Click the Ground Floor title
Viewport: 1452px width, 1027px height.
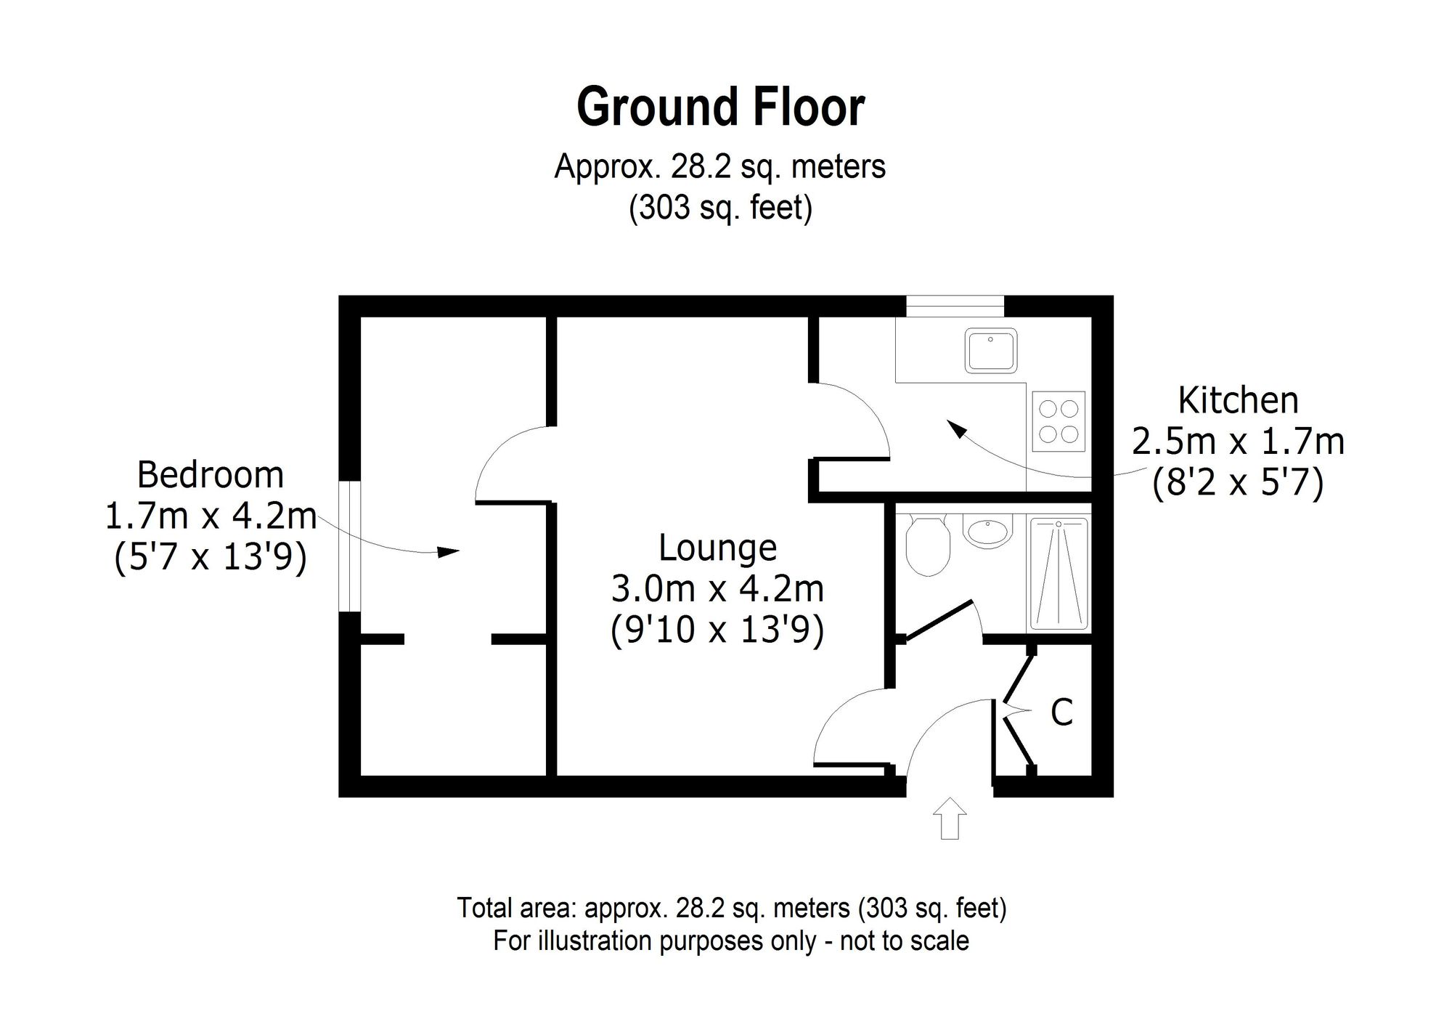point(720,107)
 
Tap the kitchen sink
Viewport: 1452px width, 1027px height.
point(991,350)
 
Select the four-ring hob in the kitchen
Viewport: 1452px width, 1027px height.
point(1059,421)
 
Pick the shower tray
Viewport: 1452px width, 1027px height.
point(1059,573)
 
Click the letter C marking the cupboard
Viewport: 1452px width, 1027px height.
point(1061,713)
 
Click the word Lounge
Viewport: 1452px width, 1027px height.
point(717,548)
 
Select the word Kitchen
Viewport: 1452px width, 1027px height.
point(1238,401)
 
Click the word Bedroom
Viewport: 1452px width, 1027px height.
point(211,476)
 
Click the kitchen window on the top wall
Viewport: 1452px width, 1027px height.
point(955,306)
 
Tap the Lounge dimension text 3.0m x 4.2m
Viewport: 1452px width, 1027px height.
point(717,589)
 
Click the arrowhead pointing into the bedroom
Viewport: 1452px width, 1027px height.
point(450,552)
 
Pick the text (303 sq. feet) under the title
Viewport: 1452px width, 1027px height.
point(720,209)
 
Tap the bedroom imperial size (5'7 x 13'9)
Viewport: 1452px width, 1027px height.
point(211,559)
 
